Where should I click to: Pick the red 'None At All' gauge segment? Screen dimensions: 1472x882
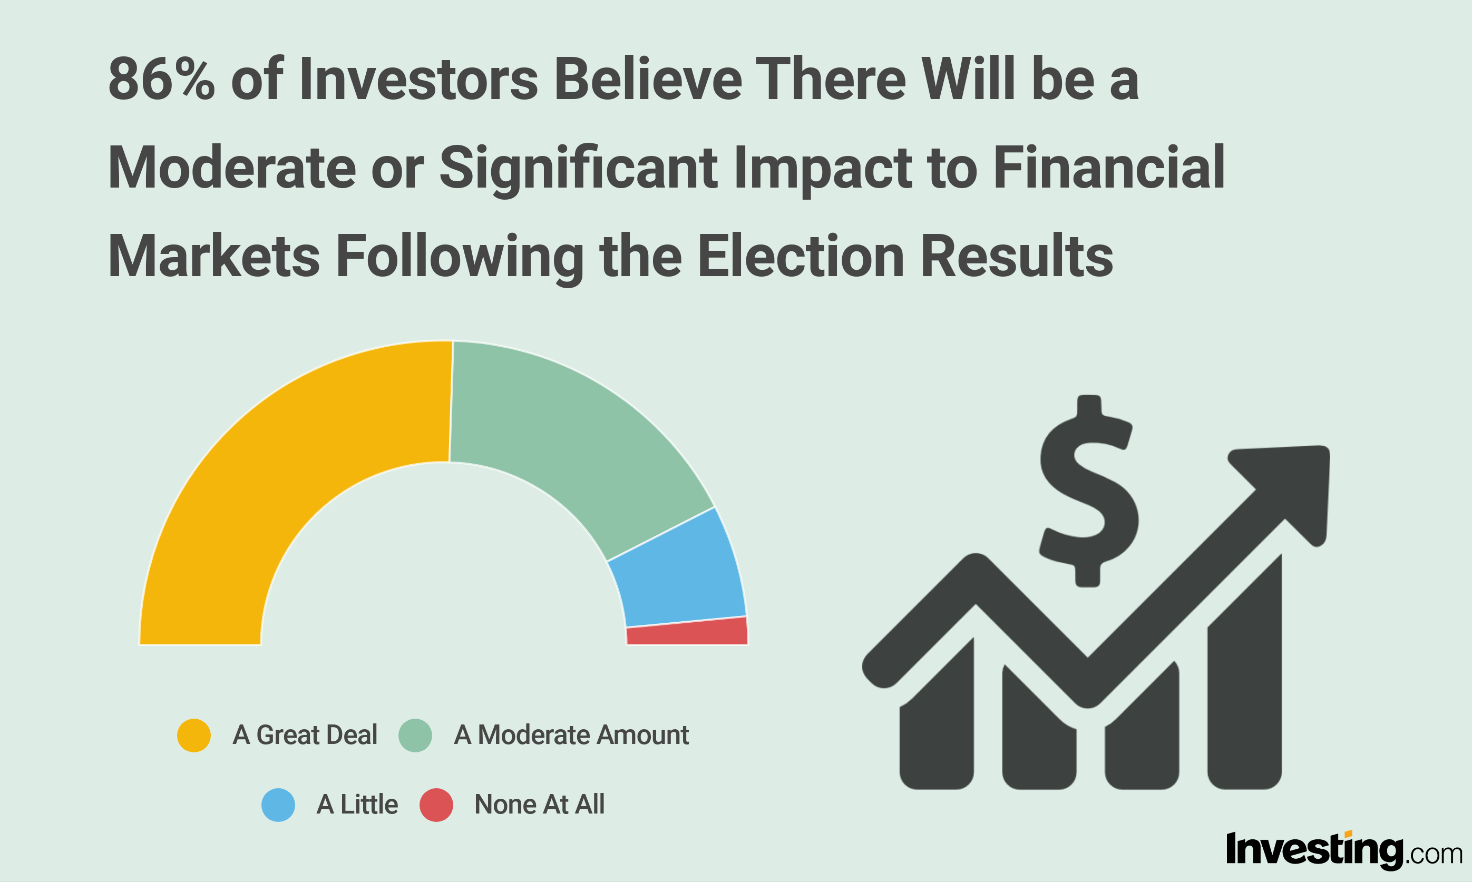[x=687, y=632]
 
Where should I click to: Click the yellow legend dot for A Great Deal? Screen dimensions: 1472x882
[x=194, y=735]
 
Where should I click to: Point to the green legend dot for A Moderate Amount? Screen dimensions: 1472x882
[x=415, y=735]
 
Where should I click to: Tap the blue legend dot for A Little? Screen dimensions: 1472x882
[x=278, y=805]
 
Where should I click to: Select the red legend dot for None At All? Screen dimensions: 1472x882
[x=436, y=805]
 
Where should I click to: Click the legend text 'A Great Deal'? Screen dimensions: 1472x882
[x=305, y=735]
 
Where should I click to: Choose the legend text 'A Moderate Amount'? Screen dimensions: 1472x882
[x=571, y=735]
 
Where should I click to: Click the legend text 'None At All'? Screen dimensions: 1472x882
[x=539, y=805]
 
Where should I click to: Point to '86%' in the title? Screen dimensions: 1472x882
[x=161, y=79]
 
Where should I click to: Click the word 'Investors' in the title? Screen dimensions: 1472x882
[x=419, y=79]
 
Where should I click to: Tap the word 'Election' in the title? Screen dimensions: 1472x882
[x=801, y=256]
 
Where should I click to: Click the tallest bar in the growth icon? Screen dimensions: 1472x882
[x=1245, y=672]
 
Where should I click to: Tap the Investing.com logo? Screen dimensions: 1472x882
[x=1344, y=850]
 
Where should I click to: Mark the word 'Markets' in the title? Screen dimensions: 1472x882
[x=214, y=256]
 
